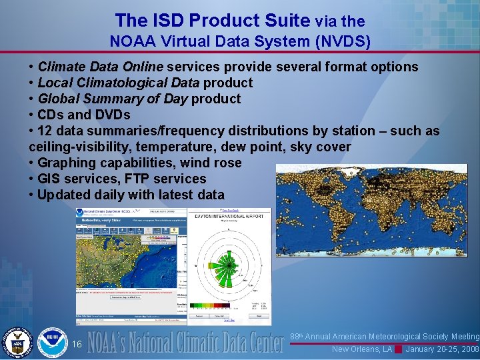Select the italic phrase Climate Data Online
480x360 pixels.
[101, 67]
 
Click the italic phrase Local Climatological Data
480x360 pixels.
[119, 83]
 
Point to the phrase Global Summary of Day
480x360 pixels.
[113, 99]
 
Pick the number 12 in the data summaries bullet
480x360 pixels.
[45, 131]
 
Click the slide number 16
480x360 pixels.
[77, 344]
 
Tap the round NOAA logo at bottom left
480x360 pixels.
[52, 343]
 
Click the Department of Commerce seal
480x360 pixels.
[17, 343]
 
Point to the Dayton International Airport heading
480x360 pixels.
[228, 217]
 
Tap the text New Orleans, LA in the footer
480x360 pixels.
[362, 349]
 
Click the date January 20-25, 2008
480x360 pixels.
[443, 349]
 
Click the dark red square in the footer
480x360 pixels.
[399, 349]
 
